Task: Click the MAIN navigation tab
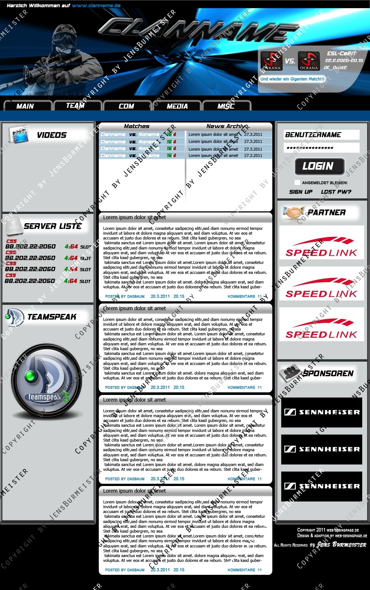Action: [25, 106]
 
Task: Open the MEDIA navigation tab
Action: [177, 106]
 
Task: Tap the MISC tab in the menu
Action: [226, 106]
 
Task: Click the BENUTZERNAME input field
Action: [321, 135]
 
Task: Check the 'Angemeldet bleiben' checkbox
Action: [297, 182]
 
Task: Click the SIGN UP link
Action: [301, 192]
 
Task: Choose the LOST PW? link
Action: [336, 192]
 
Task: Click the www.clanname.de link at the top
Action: [96, 6]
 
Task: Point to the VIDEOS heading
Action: [51, 135]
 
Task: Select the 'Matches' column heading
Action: [137, 126]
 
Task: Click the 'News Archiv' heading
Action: [226, 126]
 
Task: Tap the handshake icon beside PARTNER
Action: [292, 212]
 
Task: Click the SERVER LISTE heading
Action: [53, 226]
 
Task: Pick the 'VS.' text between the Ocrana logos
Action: [290, 61]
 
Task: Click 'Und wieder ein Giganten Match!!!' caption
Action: [292, 79]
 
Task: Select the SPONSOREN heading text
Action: [328, 373]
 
